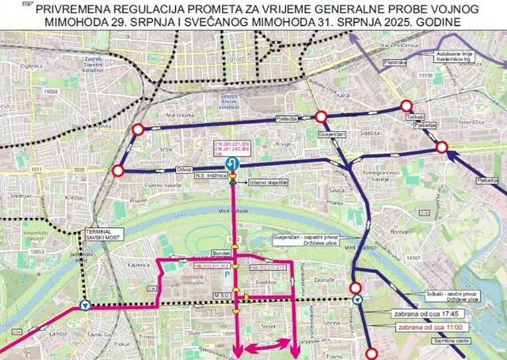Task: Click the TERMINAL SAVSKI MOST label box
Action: coord(99,233)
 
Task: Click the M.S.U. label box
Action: coord(221,297)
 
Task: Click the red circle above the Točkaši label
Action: coord(406,106)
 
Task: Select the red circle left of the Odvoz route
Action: coord(119,172)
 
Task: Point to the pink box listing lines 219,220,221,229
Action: coord(231,149)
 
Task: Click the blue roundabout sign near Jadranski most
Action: coord(84,305)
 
